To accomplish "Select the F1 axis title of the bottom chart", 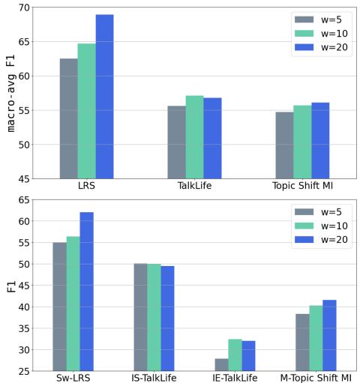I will click(9, 286).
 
